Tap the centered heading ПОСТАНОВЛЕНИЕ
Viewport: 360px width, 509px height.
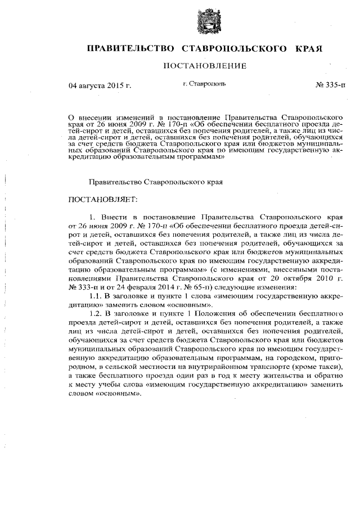[205, 67]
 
